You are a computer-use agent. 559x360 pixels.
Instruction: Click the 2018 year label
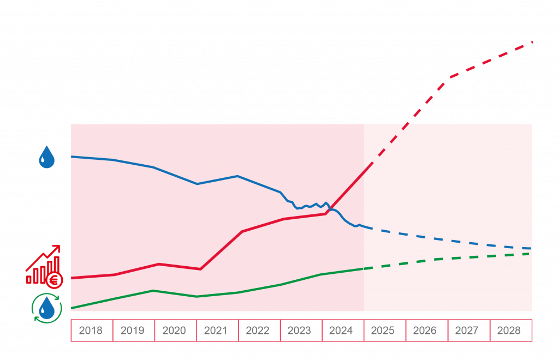point(91,331)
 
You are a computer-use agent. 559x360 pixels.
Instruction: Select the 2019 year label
point(133,331)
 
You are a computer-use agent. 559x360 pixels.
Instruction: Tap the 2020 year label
point(174,331)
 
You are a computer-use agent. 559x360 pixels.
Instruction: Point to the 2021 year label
point(216,331)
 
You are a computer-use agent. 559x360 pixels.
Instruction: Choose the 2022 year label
point(258,331)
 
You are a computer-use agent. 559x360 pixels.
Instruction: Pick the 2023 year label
point(299,331)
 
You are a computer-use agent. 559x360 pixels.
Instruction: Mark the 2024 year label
point(341,331)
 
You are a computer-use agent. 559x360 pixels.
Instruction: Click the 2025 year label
point(383,331)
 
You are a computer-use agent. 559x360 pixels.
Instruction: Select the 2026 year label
point(425,331)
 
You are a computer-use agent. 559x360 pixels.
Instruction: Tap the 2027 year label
point(466,331)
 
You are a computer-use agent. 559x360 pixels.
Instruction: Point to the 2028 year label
point(508,331)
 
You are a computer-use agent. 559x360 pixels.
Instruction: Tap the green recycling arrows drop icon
point(46,308)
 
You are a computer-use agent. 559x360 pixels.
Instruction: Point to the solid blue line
point(218,179)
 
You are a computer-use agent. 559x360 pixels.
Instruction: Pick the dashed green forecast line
point(453,257)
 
